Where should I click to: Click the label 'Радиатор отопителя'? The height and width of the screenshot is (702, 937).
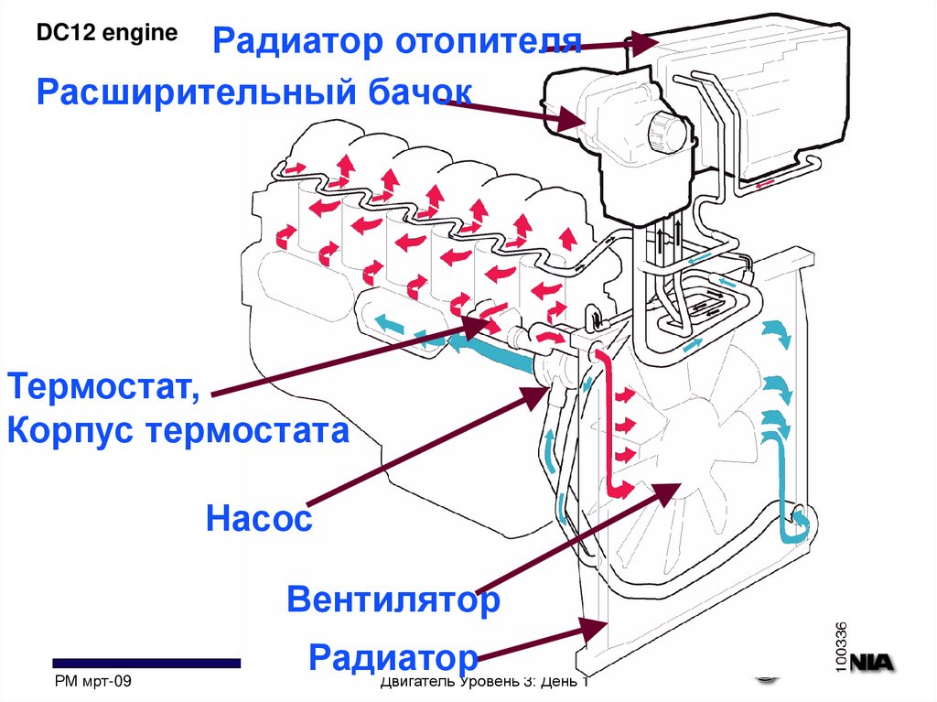397,41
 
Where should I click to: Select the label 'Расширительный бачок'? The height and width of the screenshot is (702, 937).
253,92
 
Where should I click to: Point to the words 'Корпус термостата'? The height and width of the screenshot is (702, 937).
178,430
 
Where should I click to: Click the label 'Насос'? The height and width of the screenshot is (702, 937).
259,520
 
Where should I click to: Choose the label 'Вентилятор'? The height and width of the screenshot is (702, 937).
393,600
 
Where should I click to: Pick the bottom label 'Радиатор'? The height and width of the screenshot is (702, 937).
394,656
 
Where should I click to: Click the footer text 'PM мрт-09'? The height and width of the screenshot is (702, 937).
94,682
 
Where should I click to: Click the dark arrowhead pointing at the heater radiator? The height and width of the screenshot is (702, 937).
641,41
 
